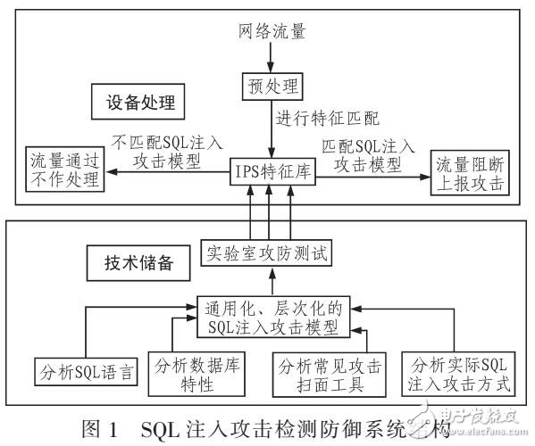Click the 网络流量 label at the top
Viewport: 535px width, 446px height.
click(273, 33)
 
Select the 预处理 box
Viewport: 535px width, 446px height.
click(273, 86)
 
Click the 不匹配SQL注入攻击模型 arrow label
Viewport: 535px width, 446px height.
click(167, 151)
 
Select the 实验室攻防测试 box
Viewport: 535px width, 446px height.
click(263, 253)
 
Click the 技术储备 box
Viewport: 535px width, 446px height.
click(133, 265)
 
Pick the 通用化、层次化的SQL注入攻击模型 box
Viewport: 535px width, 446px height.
click(272, 316)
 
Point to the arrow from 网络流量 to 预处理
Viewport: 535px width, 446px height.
click(273, 57)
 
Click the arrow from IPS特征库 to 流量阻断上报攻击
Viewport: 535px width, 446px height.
click(372, 176)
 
